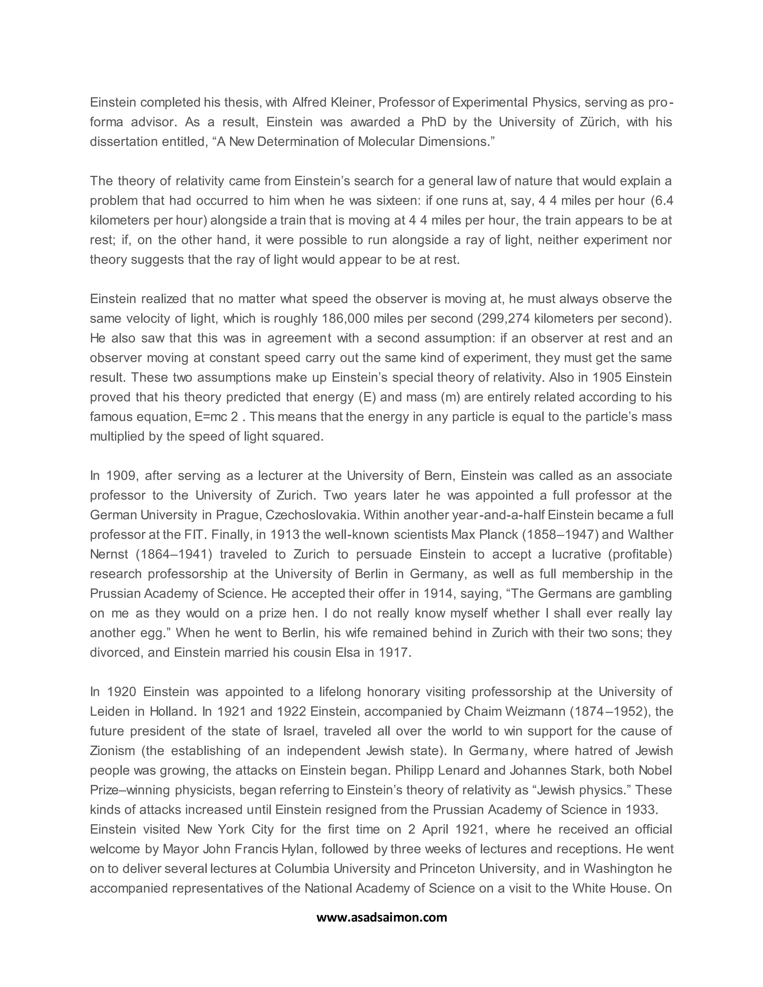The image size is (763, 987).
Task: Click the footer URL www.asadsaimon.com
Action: point(381,917)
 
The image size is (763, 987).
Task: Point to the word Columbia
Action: point(299,869)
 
